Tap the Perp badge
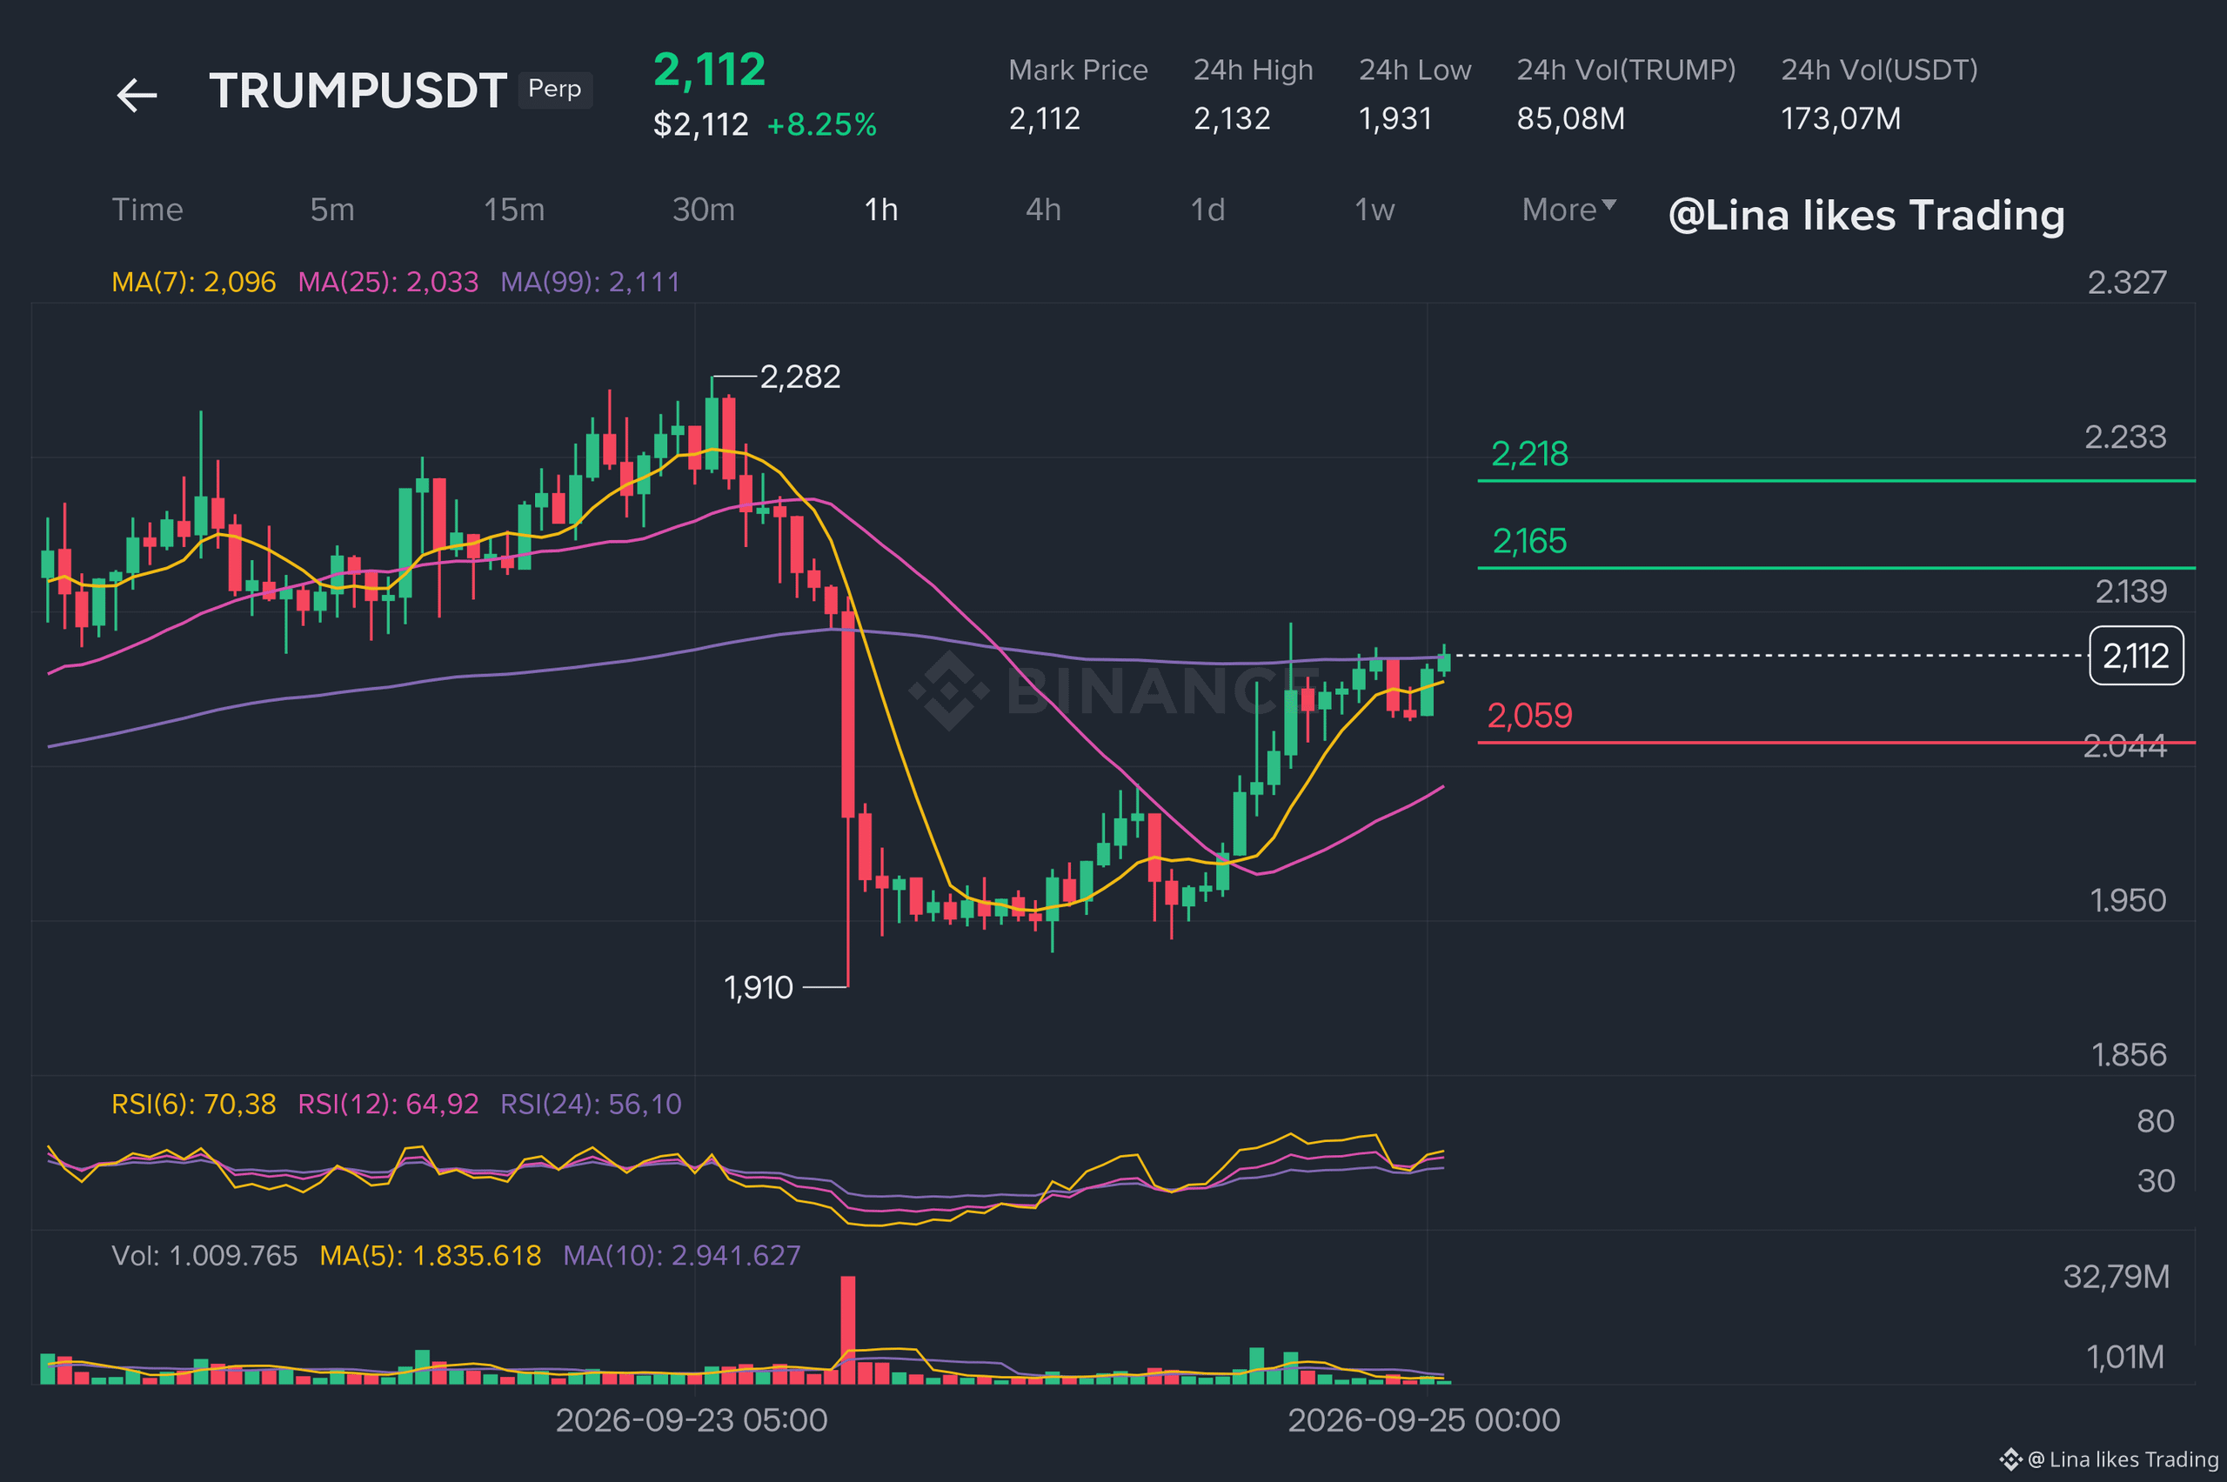point(555,90)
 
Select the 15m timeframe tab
point(514,210)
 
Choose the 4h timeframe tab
point(1044,210)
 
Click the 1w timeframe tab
point(1374,210)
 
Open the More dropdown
point(1569,210)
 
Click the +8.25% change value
point(821,124)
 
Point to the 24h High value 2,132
point(1232,119)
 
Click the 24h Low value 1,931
point(1395,119)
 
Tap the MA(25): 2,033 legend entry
point(389,282)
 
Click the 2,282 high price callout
point(799,377)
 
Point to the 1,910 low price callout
point(758,988)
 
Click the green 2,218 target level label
point(1529,455)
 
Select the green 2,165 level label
point(1529,542)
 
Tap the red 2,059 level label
point(1529,716)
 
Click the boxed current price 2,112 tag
point(2137,656)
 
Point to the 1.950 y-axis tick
point(2128,901)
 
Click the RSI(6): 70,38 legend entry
point(194,1104)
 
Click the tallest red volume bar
point(848,1330)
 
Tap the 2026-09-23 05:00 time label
point(692,1420)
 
